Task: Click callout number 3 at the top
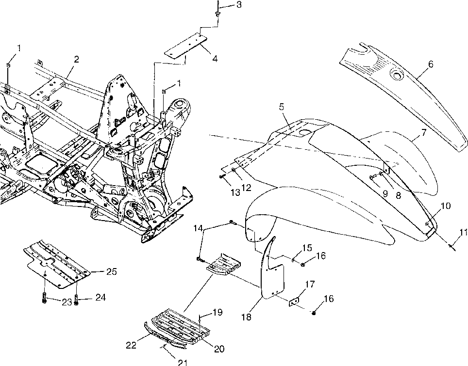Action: [x=239, y=5]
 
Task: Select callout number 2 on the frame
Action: [x=76, y=59]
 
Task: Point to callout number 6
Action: [x=431, y=64]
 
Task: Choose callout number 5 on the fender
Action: [x=282, y=107]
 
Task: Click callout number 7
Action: [x=424, y=132]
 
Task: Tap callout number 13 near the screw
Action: [x=235, y=192]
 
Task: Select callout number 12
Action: [x=247, y=188]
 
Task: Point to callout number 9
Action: [x=385, y=194]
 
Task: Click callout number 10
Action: [x=445, y=206]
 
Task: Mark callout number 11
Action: [x=464, y=232]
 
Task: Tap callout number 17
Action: [x=310, y=285]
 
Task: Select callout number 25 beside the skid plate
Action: [x=111, y=271]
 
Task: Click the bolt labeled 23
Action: [x=45, y=298]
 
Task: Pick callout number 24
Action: [x=100, y=297]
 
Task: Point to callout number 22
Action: [x=131, y=345]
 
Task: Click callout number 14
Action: [x=198, y=228]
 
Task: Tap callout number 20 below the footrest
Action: [x=219, y=349]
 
